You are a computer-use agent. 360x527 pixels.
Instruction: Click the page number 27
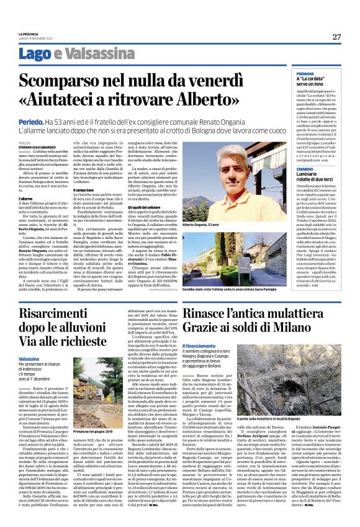pos(336,37)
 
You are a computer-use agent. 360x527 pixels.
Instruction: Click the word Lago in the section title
pos(32,55)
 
